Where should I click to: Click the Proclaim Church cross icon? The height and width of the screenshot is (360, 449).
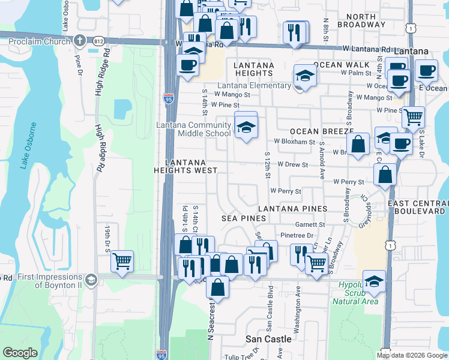tap(79, 41)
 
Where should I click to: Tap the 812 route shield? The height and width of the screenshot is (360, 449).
tap(98, 41)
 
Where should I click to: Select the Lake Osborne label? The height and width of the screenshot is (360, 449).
tap(25, 146)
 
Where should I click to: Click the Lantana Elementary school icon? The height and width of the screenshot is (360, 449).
tap(305, 76)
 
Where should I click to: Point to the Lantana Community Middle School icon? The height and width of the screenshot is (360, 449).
tap(245, 127)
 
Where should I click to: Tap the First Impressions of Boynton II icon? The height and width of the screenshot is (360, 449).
tap(90, 280)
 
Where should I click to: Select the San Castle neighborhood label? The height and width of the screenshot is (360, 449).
tap(269, 339)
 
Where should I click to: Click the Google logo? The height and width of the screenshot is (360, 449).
tap(20, 353)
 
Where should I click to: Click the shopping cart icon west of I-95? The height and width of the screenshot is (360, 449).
tap(122, 260)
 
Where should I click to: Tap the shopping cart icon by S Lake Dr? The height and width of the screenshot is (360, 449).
tap(413, 116)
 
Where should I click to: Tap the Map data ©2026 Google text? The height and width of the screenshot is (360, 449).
tap(412, 355)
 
